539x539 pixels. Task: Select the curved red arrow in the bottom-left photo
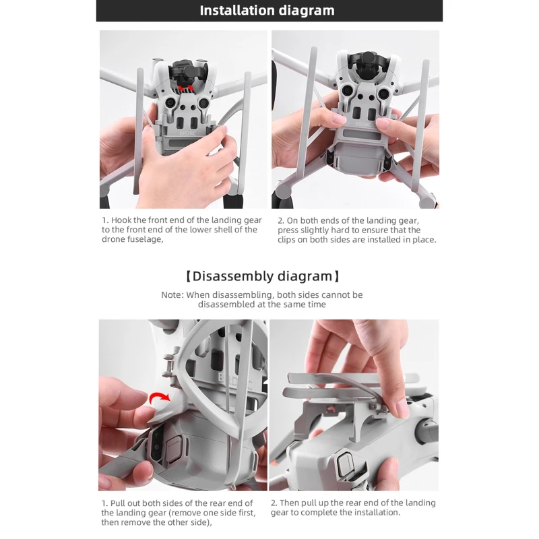click(160, 398)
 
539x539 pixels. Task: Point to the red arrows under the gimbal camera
click(186, 88)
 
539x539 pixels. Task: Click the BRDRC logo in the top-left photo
click(188, 133)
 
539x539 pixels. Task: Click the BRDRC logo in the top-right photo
click(363, 124)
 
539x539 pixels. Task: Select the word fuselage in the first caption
click(144, 239)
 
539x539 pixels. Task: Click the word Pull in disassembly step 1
click(117, 503)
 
